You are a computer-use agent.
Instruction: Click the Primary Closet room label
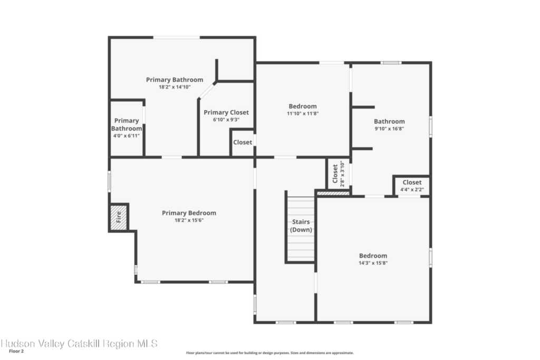coord(226,112)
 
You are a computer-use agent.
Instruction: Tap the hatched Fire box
coord(119,217)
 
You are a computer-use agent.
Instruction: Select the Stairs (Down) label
coord(301,226)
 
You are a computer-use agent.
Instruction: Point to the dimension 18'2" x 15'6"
coord(189,220)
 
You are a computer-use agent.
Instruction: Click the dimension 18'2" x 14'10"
coord(174,87)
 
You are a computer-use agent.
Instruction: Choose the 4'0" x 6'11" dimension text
coord(127,135)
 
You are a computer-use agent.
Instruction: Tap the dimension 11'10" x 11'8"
coord(302,113)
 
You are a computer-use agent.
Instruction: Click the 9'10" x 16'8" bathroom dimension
coord(389,129)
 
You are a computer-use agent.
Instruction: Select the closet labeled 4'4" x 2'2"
coord(412,186)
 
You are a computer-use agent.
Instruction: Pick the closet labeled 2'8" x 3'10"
coord(338,173)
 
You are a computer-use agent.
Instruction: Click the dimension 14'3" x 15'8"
coord(373,263)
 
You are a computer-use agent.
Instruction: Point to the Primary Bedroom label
coord(189,213)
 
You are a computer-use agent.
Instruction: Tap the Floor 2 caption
coord(16,352)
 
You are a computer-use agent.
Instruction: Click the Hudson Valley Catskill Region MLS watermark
coord(79,344)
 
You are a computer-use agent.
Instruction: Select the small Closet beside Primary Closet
coord(243,142)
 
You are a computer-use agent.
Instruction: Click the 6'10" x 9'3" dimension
coord(226,120)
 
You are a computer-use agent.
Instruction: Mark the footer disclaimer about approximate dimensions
coord(269,353)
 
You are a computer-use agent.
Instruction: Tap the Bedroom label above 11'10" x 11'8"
coord(302,106)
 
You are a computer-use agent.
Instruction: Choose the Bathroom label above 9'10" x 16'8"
coord(389,121)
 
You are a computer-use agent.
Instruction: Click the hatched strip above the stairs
coord(333,193)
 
